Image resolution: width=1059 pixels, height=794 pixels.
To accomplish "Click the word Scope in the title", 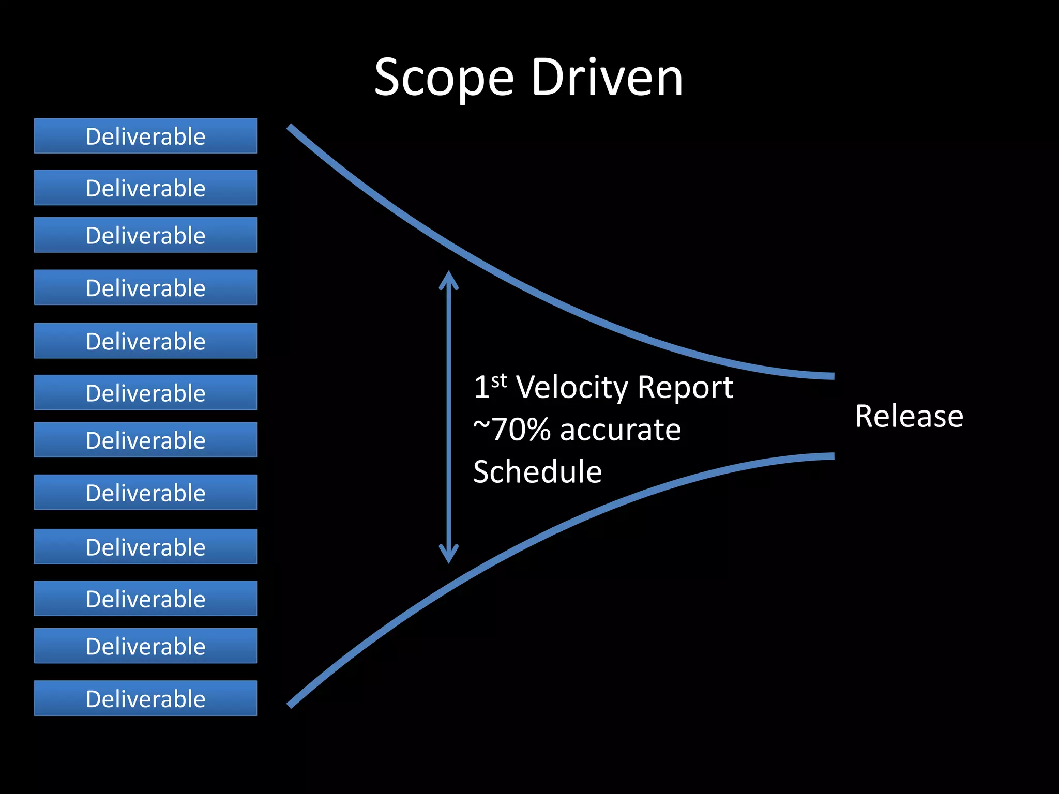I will click(444, 79).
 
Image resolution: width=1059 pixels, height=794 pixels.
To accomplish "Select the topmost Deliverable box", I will click(145, 136).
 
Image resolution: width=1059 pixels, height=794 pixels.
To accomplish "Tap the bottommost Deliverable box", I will click(145, 698).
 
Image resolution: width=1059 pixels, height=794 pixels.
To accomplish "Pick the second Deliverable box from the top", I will click(145, 188).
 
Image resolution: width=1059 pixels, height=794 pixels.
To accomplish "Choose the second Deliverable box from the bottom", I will click(145, 646).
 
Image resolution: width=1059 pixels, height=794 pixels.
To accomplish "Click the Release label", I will click(909, 416).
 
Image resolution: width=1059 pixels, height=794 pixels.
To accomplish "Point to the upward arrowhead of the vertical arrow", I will click(448, 276).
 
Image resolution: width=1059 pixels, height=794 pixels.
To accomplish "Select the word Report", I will click(685, 387).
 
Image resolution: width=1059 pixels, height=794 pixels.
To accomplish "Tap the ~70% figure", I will click(511, 430).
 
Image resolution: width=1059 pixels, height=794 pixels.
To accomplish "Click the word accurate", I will click(620, 430).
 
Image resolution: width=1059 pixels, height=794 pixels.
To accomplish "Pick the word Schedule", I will click(537, 472).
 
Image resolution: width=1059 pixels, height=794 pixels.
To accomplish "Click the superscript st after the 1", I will click(499, 381).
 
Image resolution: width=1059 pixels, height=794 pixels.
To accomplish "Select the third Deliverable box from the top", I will click(145, 235).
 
